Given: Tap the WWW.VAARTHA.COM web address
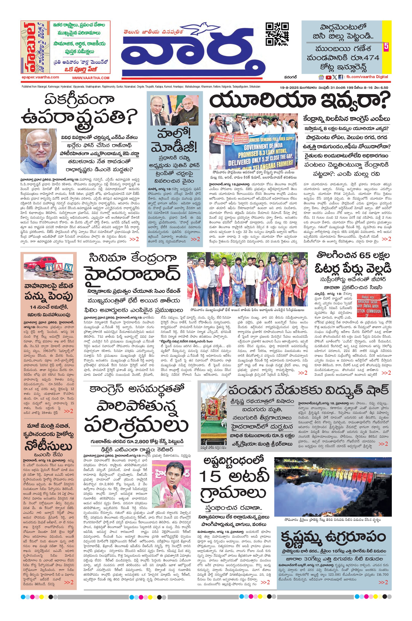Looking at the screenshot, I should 91,78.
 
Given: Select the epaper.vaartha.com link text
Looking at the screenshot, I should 40,77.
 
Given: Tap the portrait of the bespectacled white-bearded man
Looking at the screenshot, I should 38,151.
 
